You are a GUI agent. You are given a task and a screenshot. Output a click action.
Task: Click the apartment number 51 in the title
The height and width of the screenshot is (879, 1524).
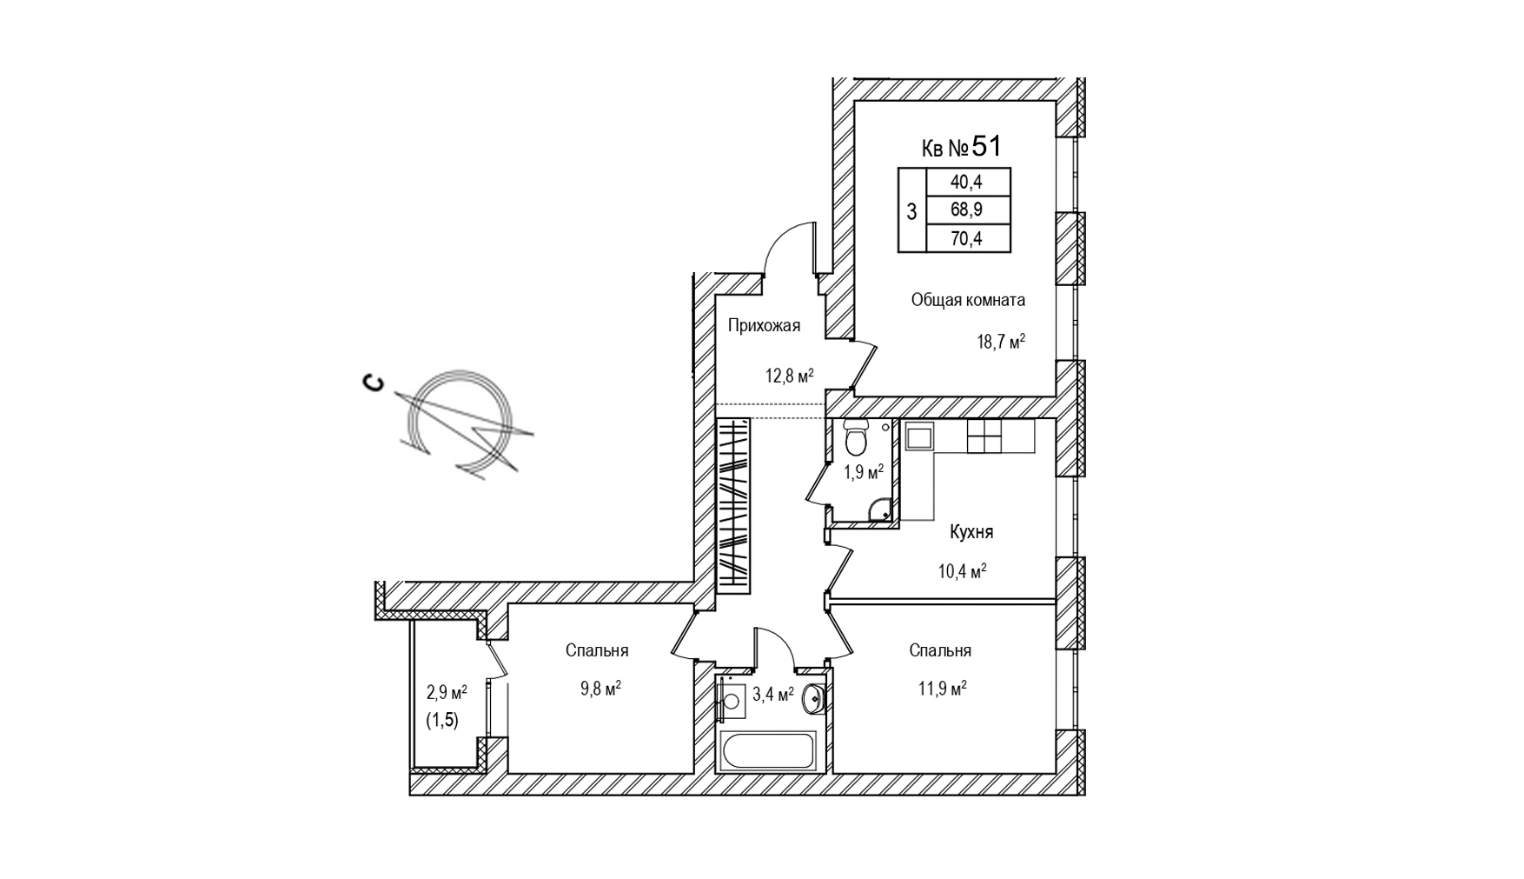986,146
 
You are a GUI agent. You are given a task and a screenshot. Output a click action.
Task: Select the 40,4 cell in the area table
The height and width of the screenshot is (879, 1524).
966,183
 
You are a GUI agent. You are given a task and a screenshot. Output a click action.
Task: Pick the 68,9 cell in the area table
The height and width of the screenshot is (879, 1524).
966,210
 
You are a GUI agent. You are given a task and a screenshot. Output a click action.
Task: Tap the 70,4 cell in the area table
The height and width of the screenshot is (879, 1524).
966,238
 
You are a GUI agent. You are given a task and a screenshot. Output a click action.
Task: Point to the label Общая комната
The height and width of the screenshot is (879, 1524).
967,300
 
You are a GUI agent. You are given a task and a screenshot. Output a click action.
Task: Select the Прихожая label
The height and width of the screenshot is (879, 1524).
764,326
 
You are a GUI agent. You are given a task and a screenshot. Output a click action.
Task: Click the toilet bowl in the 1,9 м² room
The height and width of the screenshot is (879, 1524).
856,440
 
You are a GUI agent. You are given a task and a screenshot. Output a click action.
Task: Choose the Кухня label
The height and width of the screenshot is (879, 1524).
971,532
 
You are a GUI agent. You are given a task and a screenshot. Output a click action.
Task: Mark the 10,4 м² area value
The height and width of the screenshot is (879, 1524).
962,571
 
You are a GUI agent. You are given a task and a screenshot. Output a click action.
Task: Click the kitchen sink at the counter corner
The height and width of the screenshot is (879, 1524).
918,436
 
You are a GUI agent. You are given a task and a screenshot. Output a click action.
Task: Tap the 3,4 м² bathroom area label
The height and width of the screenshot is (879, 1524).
772,694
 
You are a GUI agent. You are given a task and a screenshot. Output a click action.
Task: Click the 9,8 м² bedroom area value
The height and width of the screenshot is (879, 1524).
600,689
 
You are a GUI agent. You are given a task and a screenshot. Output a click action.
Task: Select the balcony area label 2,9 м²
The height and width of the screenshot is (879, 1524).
446,692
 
